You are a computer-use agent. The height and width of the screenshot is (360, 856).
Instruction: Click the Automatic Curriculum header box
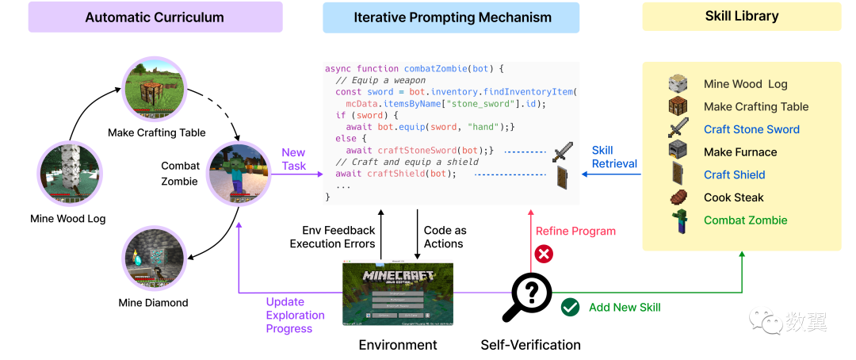point(155,17)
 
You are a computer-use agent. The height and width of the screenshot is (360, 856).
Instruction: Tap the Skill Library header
point(741,16)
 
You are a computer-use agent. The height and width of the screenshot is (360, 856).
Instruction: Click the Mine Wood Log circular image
point(70,172)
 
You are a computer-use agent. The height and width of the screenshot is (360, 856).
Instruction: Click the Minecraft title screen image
point(403,294)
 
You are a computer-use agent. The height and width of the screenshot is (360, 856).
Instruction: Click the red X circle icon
point(544,255)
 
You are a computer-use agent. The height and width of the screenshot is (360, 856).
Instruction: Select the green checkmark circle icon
point(569,308)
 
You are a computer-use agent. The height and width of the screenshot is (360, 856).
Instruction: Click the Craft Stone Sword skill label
point(751,129)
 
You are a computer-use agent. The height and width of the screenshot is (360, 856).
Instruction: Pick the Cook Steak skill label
point(735,197)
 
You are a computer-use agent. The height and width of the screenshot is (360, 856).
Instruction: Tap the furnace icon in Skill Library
point(678,151)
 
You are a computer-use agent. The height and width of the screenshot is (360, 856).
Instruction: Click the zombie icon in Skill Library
point(678,221)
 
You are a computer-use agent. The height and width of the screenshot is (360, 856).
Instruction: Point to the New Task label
point(293,159)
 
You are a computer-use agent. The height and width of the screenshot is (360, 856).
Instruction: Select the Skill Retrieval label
point(614,157)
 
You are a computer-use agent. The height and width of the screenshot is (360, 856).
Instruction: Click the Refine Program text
point(575,231)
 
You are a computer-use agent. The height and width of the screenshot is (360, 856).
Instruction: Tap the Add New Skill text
point(625,308)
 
